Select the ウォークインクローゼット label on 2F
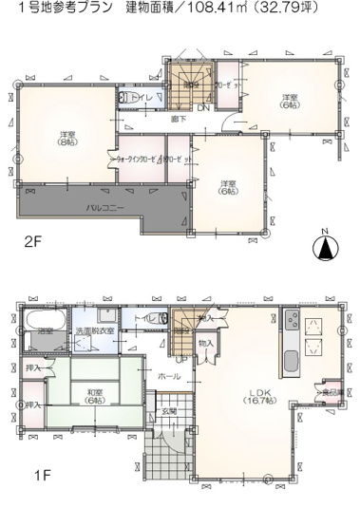pos(139,160)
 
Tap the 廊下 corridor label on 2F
pos(178,119)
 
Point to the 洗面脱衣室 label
pos(98,330)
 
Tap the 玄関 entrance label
pos(167,411)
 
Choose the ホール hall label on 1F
pos(169,376)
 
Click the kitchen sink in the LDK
pos(290,361)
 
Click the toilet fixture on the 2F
pos(124,97)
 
